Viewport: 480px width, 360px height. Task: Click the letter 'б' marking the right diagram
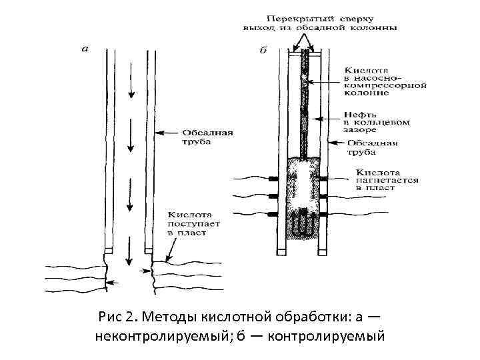(263, 49)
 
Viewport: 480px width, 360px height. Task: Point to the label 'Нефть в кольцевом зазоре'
(376, 123)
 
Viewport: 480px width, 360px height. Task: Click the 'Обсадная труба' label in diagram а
(207, 137)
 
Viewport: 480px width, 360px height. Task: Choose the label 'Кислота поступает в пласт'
(190, 225)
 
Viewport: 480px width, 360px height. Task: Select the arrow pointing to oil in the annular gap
(329, 119)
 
